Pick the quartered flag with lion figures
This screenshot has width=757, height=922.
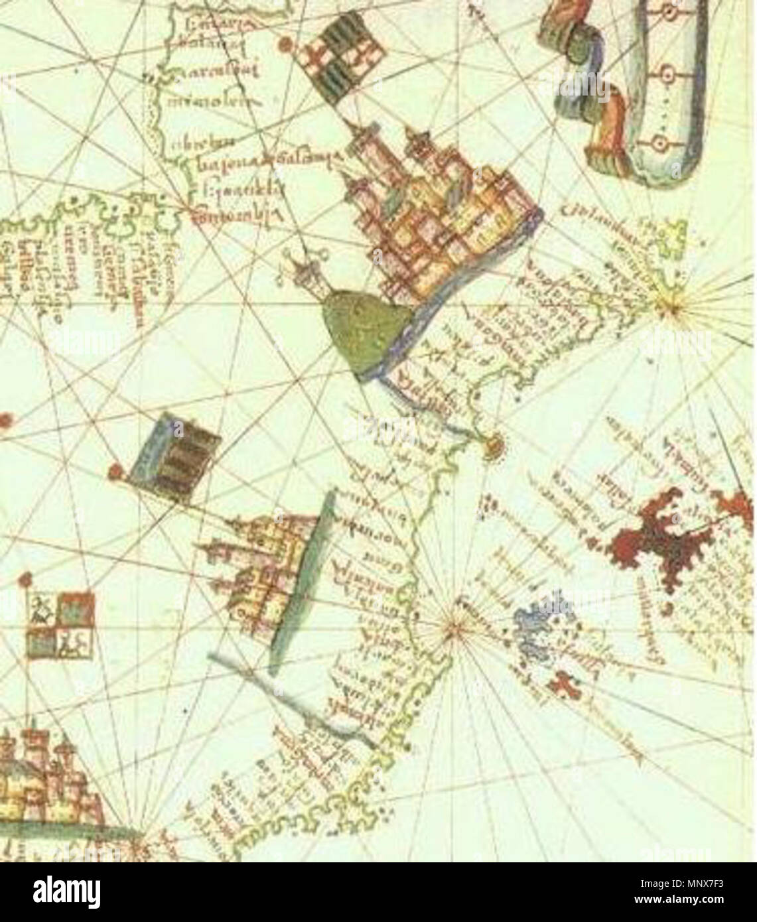click(x=60, y=624)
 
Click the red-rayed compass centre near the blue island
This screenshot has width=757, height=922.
click(x=452, y=627)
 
